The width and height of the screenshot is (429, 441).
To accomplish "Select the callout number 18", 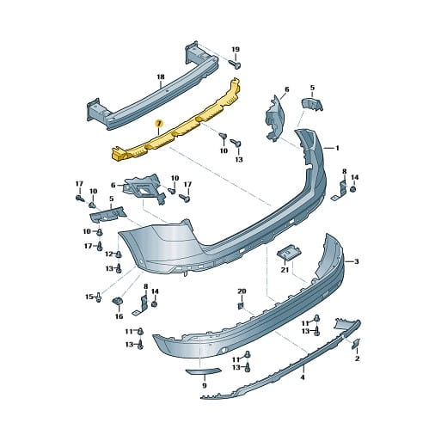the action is pyautogui.click(x=161, y=77).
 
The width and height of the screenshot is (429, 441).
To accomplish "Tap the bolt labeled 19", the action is pyautogui.click(x=235, y=64).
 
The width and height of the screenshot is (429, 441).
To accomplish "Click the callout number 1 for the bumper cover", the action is pyautogui.click(x=337, y=148).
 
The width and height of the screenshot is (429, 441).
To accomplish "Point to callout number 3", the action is pyautogui.click(x=357, y=261).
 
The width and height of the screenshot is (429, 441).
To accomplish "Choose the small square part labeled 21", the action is pyautogui.click(x=290, y=253).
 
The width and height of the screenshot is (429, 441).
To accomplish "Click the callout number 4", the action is pyautogui.click(x=303, y=377).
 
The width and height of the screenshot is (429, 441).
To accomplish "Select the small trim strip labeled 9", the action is pyautogui.click(x=204, y=371).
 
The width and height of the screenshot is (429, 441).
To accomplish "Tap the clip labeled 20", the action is pyautogui.click(x=241, y=306).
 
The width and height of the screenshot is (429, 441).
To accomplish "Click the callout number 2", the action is pyautogui.click(x=357, y=358).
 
